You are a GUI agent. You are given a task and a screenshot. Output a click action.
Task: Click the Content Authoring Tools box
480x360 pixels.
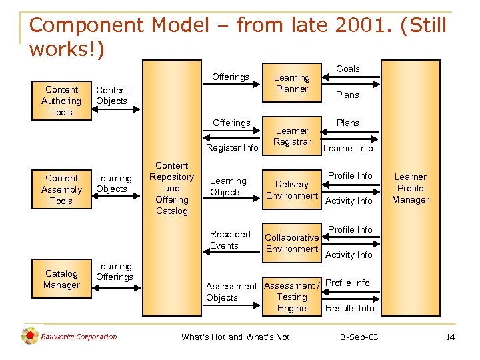[x=61, y=101]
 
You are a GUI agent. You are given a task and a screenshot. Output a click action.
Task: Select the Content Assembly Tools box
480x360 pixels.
[x=61, y=189]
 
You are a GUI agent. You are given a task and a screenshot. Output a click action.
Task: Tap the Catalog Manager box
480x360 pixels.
[x=61, y=279]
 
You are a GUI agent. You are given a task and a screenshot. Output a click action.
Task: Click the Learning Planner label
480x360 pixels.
[x=291, y=83]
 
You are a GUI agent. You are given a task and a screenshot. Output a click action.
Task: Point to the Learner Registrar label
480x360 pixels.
[x=292, y=136]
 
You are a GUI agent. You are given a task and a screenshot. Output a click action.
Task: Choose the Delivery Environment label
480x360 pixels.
[x=292, y=190]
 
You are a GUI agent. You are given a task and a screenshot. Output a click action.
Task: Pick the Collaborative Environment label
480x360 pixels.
[x=292, y=243]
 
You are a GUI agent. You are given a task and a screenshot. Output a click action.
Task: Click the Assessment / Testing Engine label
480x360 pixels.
[x=292, y=297]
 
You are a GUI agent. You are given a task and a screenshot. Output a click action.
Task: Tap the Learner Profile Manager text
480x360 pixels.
[x=411, y=188]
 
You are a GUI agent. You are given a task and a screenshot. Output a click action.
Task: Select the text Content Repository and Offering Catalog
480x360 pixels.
[x=172, y=188]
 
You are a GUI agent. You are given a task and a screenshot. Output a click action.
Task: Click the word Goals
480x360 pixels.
[x=347, y=69]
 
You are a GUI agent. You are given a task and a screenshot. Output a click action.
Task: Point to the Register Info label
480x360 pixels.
[x=232, y=147]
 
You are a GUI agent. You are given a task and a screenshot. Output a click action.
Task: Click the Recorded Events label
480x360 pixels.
[x=230, y=240]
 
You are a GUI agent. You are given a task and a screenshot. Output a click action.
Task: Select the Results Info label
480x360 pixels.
[x=349, y=308]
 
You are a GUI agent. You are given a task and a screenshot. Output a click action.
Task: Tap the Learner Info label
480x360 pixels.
[x=348, y=148]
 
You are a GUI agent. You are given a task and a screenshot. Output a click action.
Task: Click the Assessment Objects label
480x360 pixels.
[x=231, y=292]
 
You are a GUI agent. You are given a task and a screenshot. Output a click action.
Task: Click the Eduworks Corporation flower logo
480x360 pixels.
[x=29, y=337]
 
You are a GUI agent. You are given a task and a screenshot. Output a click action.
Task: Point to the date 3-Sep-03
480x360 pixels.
[x=359, y=337]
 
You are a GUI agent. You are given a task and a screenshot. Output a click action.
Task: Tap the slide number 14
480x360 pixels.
[x=450, y=337]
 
